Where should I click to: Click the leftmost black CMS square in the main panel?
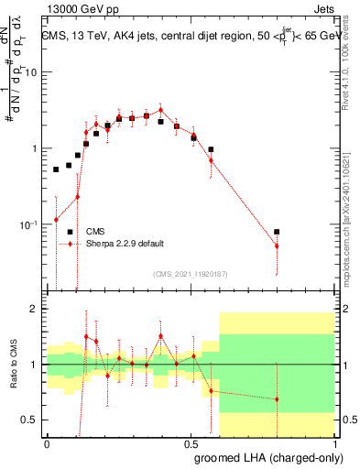coord(56,169)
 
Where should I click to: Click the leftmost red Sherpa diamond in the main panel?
coord(56,219)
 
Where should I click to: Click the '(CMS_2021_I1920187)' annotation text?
coord(189,273)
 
